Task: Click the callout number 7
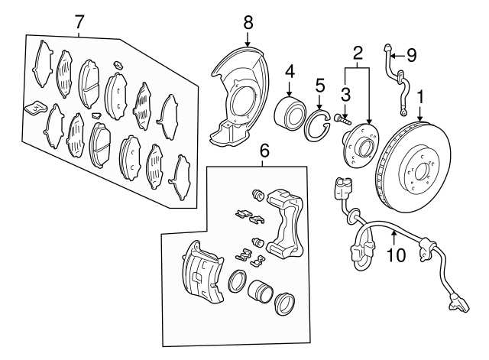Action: (79, 21)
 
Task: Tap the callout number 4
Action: (290, 73)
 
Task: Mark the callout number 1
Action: (419, 98)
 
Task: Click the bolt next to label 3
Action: (342, 118)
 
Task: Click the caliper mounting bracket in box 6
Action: (286, 225)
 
